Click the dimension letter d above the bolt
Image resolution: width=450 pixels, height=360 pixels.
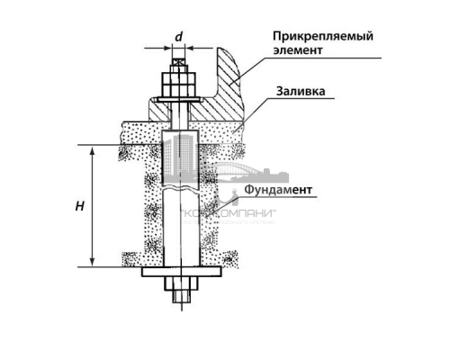(x=179, y=37)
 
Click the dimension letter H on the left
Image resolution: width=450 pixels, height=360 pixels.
(x=80, y=206)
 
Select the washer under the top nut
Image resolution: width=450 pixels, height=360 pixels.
(x=179, y=97)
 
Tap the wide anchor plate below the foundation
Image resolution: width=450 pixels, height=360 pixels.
(x=179, y=273)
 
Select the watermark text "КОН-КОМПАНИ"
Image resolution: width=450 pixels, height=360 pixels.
(x=229, y=213)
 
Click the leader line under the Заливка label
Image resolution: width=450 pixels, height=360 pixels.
(x=288, y=101)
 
